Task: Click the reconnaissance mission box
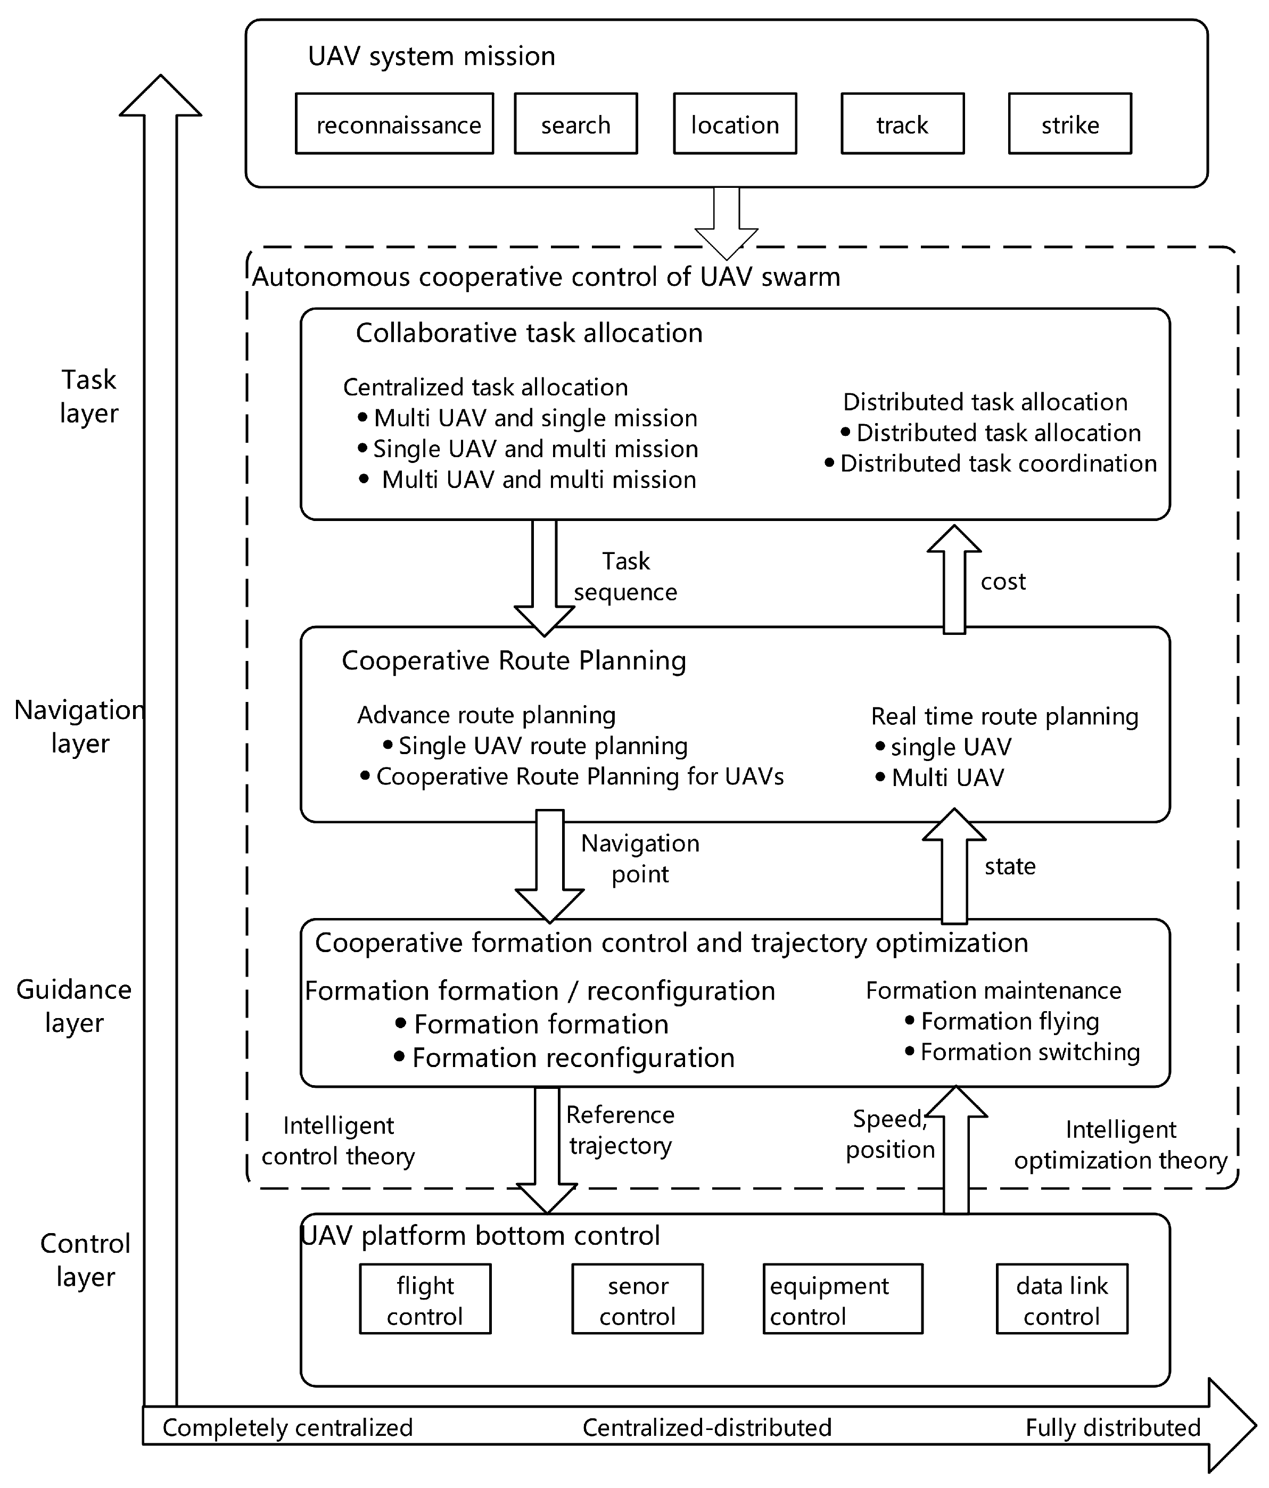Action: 394,123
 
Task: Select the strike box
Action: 1069,123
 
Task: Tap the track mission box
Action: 902,123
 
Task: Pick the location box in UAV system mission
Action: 735,123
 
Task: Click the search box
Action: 575,123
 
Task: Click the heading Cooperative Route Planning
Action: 514,660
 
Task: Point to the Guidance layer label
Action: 74,1005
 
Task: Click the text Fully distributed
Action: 1113,1427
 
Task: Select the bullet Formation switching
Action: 1029,1052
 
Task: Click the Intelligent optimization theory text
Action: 1120,1145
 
